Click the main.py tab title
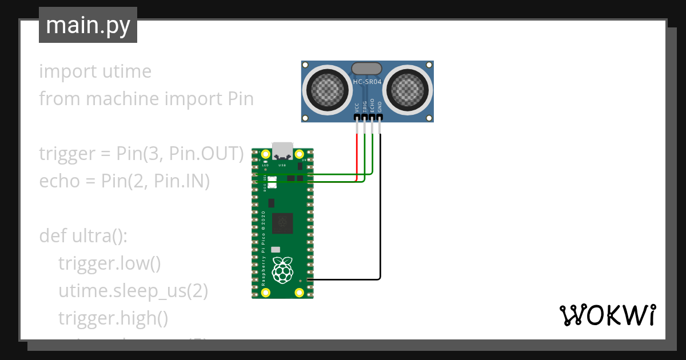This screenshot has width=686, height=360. coord(87,25)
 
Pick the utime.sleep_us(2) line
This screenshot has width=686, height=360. coord(133,291)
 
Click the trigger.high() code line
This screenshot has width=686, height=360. coord(113,318)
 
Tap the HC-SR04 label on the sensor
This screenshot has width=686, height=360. coord(367,82)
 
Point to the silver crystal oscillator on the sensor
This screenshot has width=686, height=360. coord(367,69)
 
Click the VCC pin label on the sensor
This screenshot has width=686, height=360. coord(357,107)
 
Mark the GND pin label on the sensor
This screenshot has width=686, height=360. coord(380,107)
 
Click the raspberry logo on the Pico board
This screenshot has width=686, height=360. coord(281,270)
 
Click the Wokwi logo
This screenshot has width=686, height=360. coord(607,315)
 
